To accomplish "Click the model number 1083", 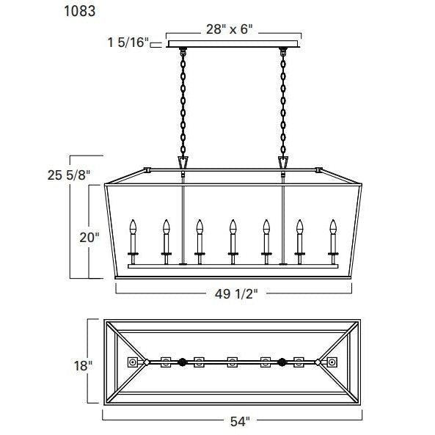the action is click(x=80, y=11).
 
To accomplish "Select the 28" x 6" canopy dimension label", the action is click(x=230, y=29).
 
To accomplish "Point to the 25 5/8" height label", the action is click(x=69, y=175).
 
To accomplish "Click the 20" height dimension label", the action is click(x=89, y=238).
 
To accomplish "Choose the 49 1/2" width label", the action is click(x=236, y=294).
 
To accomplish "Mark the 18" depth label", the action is click(x=83, y=365).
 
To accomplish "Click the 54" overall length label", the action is click(x=240, y=422).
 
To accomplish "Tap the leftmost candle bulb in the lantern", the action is click(x=133, y=227).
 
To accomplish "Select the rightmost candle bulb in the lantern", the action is click(x=333, y=227).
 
